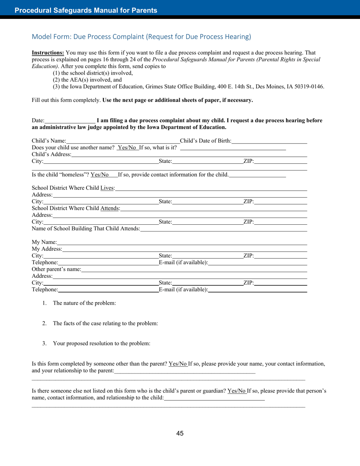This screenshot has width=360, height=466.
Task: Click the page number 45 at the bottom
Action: (x=180, y=433)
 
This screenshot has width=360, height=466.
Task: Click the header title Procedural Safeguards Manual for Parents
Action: (x=86, y=10)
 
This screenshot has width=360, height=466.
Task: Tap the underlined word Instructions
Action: (x=48, y=53)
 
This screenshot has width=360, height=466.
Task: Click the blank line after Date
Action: (x=70, y=121)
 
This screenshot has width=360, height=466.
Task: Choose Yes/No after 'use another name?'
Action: (x=127, y=148)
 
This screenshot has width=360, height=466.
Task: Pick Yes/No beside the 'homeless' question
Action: (x=100, y=175)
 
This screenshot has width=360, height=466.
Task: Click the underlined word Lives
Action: (x=107, y=188)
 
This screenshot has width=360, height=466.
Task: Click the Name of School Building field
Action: (x=223, y=229)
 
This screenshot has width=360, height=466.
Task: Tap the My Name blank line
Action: (x=182, y=242)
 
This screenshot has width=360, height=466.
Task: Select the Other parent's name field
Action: (x=194, y=270)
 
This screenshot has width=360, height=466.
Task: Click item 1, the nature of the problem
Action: (x=84, y=303)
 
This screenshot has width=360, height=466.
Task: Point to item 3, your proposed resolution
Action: (x=102, y=344)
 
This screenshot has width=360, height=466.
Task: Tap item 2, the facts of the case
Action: (x=105, y=324)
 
